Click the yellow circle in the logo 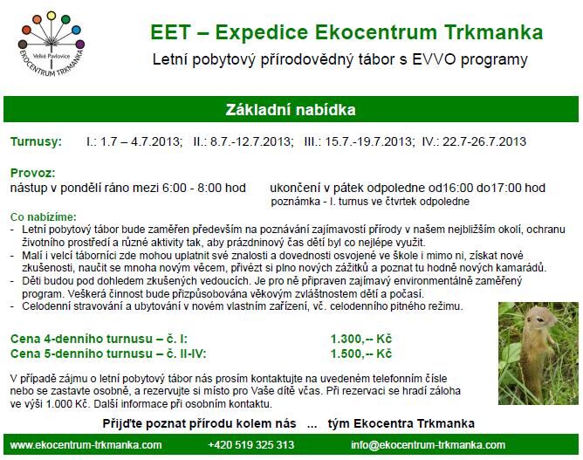tap(51, 16)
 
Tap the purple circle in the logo tap(80, 45)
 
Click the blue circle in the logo tap(76, 30)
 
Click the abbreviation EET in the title tap(170, 32)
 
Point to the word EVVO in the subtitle tap(434, 59)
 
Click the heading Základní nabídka tap(291, 110)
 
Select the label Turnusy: tap(36, 141)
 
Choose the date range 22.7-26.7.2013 tap(484, 141)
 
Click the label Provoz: tap(32, 173)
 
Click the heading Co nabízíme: tap(44, 216)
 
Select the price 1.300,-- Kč tap(361, 339)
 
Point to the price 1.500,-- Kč tap(361, 354)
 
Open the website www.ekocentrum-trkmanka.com tap(86, 445)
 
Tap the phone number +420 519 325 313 tap(251, 445)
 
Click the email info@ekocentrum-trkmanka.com tap(428, 445)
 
